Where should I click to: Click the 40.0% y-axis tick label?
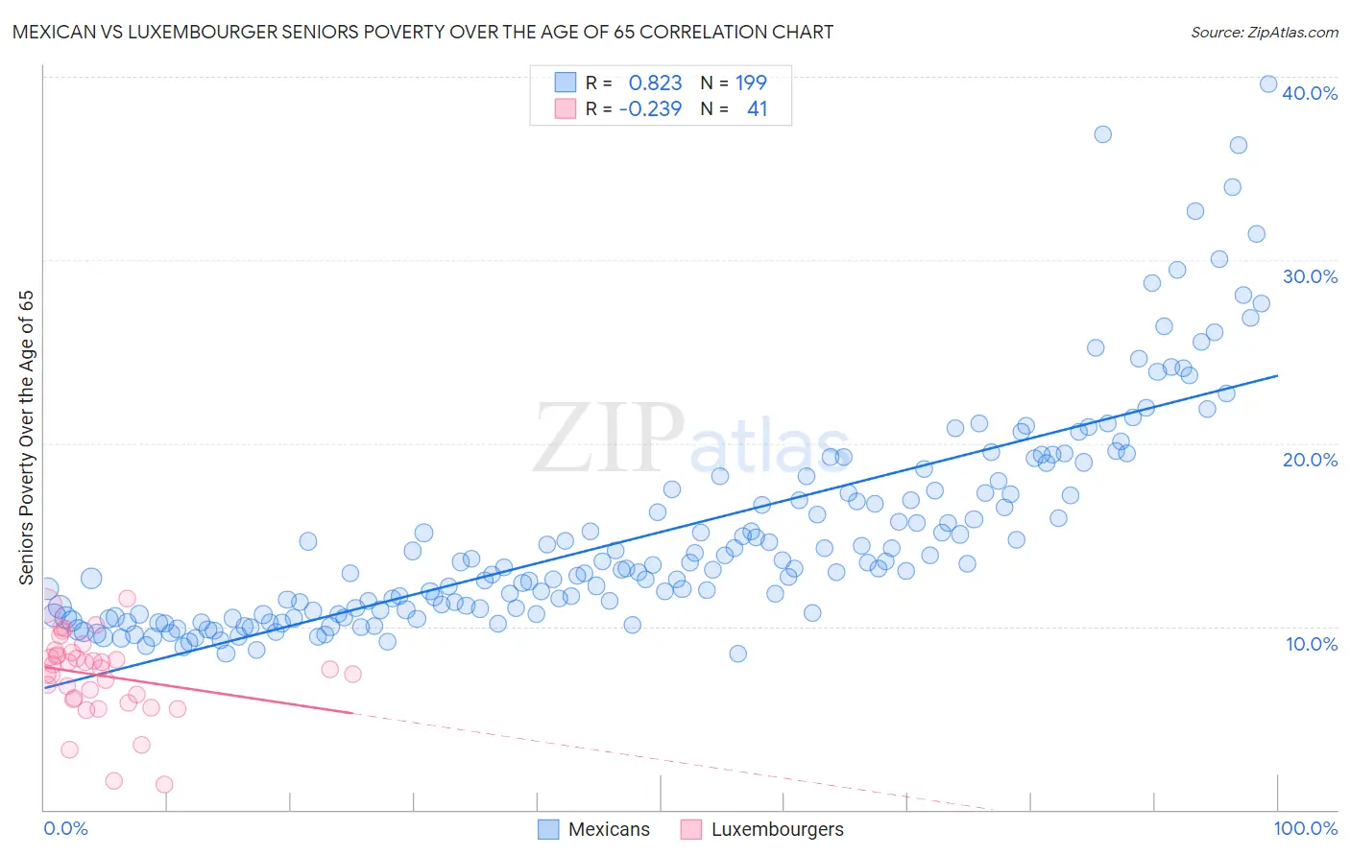tap(1310, 93)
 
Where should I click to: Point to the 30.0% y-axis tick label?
tap(1310, 276)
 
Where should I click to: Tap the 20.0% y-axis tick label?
tap(1310, 460)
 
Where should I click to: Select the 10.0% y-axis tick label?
tap(1312, 644)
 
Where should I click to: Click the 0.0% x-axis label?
tap(65, 828)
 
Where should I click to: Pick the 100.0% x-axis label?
tap(1305, 828)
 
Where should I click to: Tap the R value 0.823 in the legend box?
tap(655, 83)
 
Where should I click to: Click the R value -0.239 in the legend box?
tap(650, 108)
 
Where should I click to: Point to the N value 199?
tap(751, 83)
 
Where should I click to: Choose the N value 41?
tap(757, 108)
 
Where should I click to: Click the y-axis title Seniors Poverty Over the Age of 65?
tap(26, 438)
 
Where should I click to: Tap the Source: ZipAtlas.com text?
tap(1264, 32)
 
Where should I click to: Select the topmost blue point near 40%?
tap(1268, 84)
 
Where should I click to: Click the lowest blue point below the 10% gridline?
tap(737, 654)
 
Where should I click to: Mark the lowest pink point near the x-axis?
tap(164, 784)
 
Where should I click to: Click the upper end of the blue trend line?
tap(1277, 375)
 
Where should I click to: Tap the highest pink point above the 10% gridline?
tap(127, 598)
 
